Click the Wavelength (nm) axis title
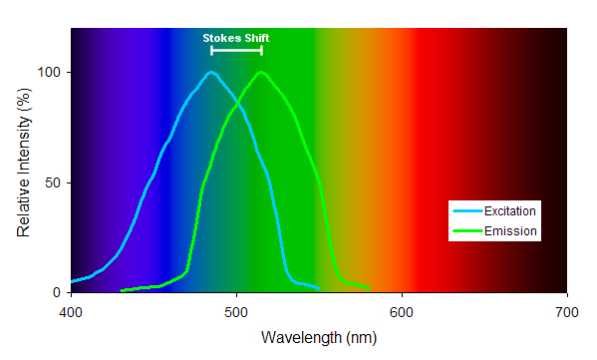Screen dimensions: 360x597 click(318, 337)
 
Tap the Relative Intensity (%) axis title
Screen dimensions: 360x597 click(23, 161)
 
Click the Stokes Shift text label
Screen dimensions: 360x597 click(236, 38)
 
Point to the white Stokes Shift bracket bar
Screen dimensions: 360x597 click(236, 50)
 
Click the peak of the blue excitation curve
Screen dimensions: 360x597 click(211, 72)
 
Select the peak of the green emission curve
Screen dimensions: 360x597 click(261, 72)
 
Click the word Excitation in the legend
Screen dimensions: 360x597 click(510, 211)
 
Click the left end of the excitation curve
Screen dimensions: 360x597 click(71, 281)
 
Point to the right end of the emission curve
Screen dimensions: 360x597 click(369, 289)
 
